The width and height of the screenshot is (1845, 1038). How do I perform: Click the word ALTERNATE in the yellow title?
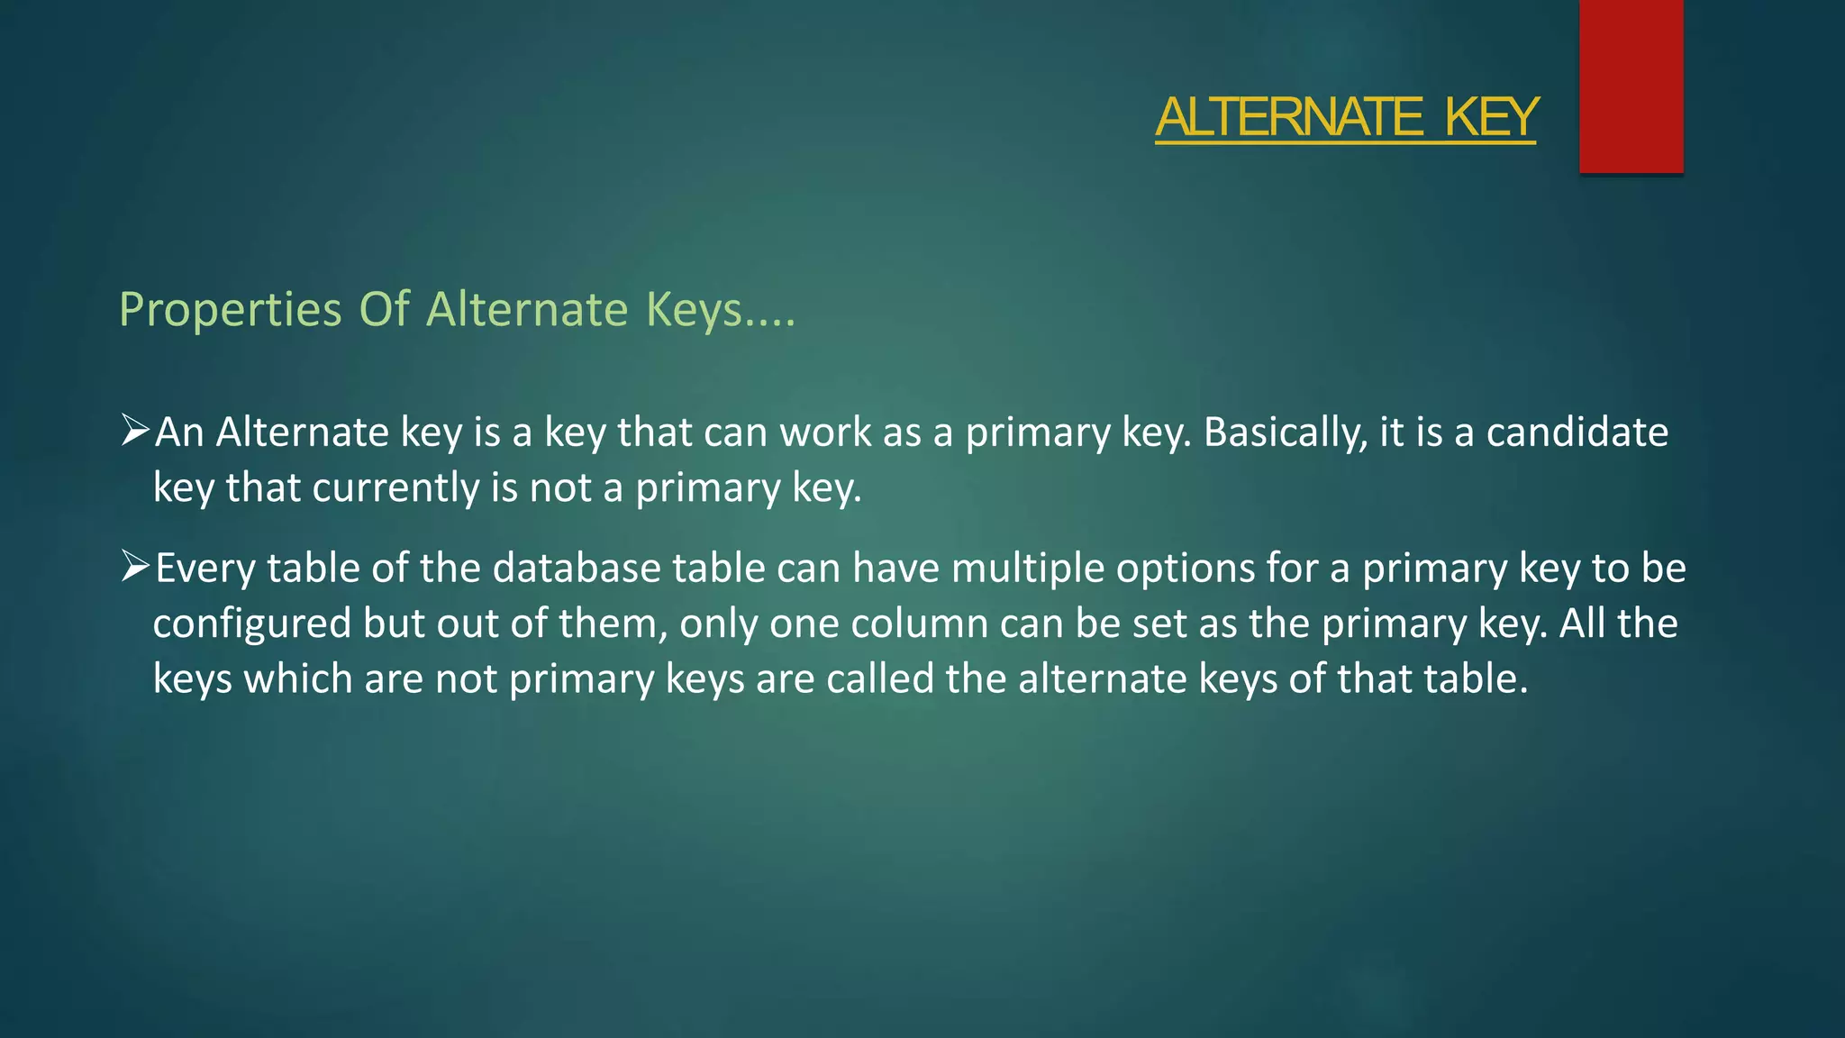click(x=1289, y=117)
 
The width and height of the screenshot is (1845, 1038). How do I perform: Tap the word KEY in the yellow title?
click(x=1491, y=117)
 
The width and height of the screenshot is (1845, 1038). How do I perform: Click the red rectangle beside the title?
click(x=1631, y=86)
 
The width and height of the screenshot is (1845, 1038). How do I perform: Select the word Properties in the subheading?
click(x=231, y=311)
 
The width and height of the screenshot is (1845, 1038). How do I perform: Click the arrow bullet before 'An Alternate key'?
click(x=135, y=431)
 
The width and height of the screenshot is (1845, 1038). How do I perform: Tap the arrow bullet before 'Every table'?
click(x=135, y=567)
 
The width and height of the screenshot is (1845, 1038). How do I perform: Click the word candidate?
click(x=1577, y=432)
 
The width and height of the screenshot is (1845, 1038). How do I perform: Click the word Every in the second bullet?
click(x=205, y=569)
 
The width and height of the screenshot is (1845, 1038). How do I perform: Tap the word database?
click(x=577, y=569)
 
